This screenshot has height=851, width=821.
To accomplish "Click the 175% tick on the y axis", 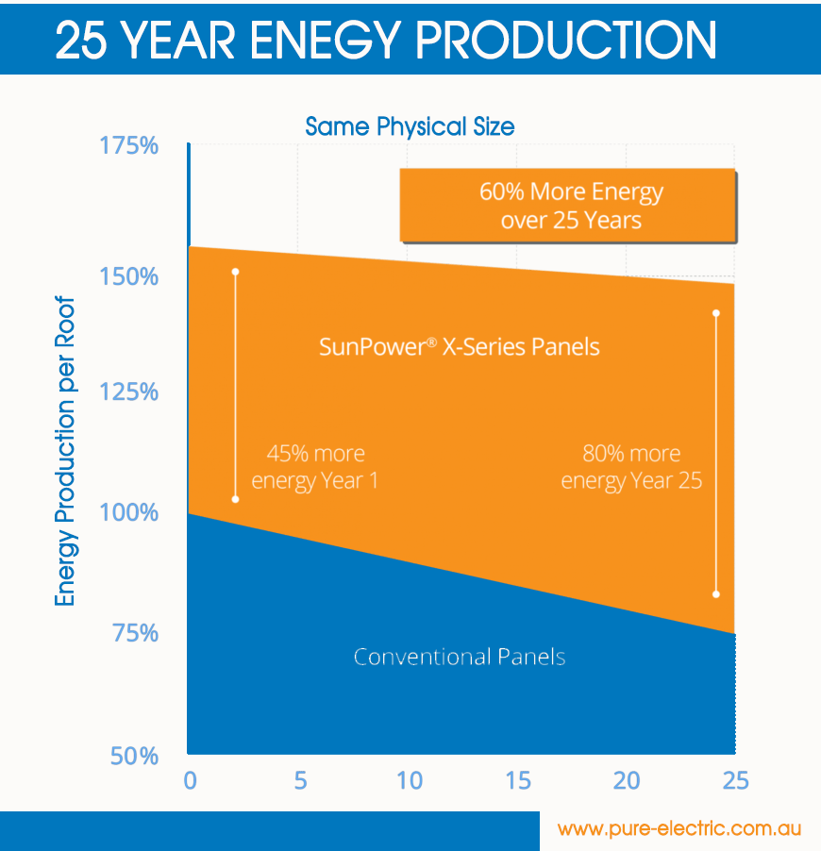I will point(128,147).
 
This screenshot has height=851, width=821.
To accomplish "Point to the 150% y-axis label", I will point(128,277).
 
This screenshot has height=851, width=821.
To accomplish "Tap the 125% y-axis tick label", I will point(128,392).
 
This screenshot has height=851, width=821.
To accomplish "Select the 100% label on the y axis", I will point(128,513).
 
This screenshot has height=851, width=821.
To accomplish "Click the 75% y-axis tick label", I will point(136,633).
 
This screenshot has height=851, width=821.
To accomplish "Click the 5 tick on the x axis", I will point(299,781).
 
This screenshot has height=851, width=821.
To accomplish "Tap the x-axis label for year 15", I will point(517,781).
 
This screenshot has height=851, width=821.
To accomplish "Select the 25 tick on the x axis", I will point(734,781).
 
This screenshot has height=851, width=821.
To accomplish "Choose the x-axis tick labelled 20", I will point(627,781).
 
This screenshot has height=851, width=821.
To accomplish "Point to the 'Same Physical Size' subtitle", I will point(410,125).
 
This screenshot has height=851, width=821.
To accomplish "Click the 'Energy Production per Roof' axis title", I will point(64,454).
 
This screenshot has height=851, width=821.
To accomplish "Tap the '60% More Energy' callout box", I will point(567,206).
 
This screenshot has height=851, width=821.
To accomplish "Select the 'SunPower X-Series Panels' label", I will point(459,346).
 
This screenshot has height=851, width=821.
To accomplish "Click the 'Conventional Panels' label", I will point(459,657).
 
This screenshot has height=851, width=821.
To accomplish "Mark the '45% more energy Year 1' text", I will point(314,467).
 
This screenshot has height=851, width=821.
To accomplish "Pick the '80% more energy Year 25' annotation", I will point(631,467).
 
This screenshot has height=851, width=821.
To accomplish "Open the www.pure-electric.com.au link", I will point(679,829).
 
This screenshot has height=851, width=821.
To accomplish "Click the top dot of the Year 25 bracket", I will point(716,313).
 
